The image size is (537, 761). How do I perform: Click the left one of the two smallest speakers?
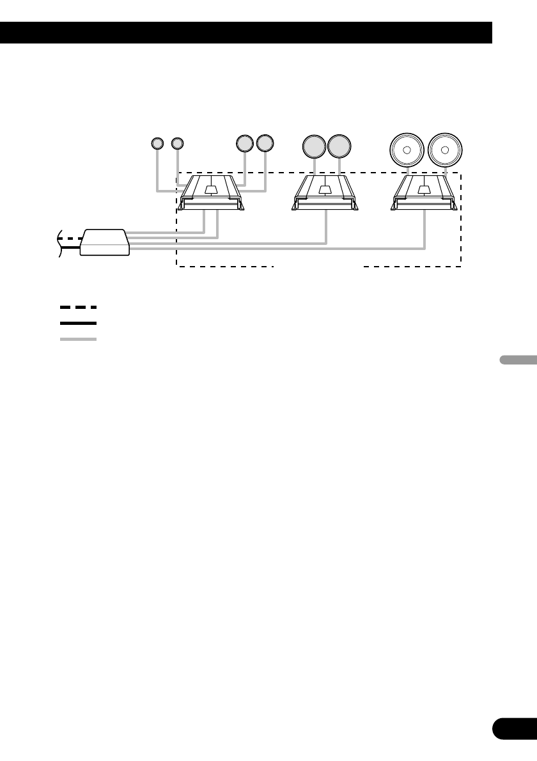[157, 143]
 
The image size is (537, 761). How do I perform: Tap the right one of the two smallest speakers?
[178, 143]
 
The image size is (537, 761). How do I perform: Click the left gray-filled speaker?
[314, 146]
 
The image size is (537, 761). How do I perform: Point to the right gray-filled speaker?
[339, 146]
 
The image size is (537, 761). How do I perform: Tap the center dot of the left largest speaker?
[407, 150]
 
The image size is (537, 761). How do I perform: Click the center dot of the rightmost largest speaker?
[445, 150]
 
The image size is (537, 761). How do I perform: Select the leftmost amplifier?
[210, 194]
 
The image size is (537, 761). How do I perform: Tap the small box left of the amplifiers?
[104, 242]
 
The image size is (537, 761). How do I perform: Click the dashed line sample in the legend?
[78, 307]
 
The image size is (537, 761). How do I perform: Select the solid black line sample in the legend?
[78, 324]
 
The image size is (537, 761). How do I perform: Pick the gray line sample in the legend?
[78, 339]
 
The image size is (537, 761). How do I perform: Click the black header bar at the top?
[246, 33]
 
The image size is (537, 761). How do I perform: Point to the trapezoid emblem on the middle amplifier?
[325, 189]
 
